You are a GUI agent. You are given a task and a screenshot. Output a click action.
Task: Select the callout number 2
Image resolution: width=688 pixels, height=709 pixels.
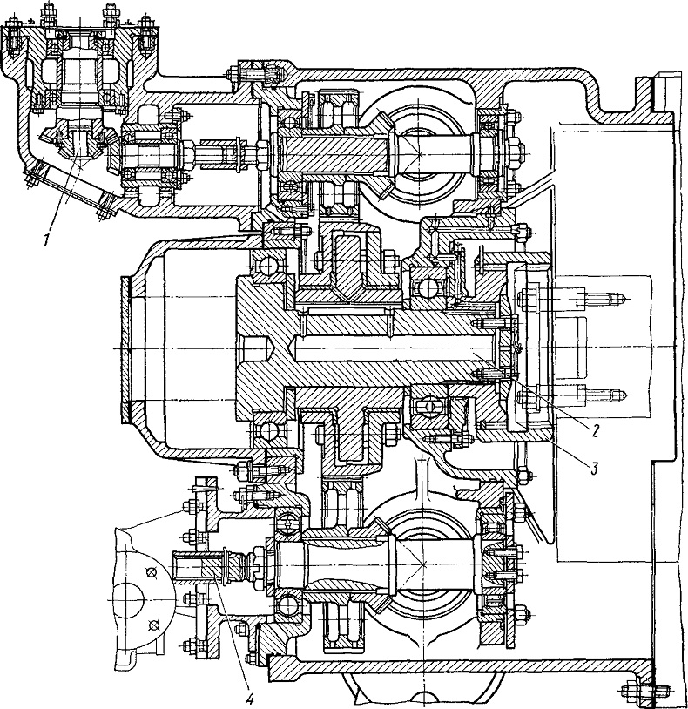[595, 431]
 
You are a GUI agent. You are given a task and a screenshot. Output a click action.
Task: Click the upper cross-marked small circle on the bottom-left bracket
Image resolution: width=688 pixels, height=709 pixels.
[151, 572]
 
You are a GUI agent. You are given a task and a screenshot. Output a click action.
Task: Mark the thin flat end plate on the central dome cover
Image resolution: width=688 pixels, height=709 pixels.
[125, 350]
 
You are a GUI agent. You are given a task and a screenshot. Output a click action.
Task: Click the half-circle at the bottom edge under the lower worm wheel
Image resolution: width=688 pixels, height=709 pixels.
[423, 700]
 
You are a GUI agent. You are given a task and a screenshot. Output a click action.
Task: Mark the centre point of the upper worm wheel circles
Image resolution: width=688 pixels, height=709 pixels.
[421, 154]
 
